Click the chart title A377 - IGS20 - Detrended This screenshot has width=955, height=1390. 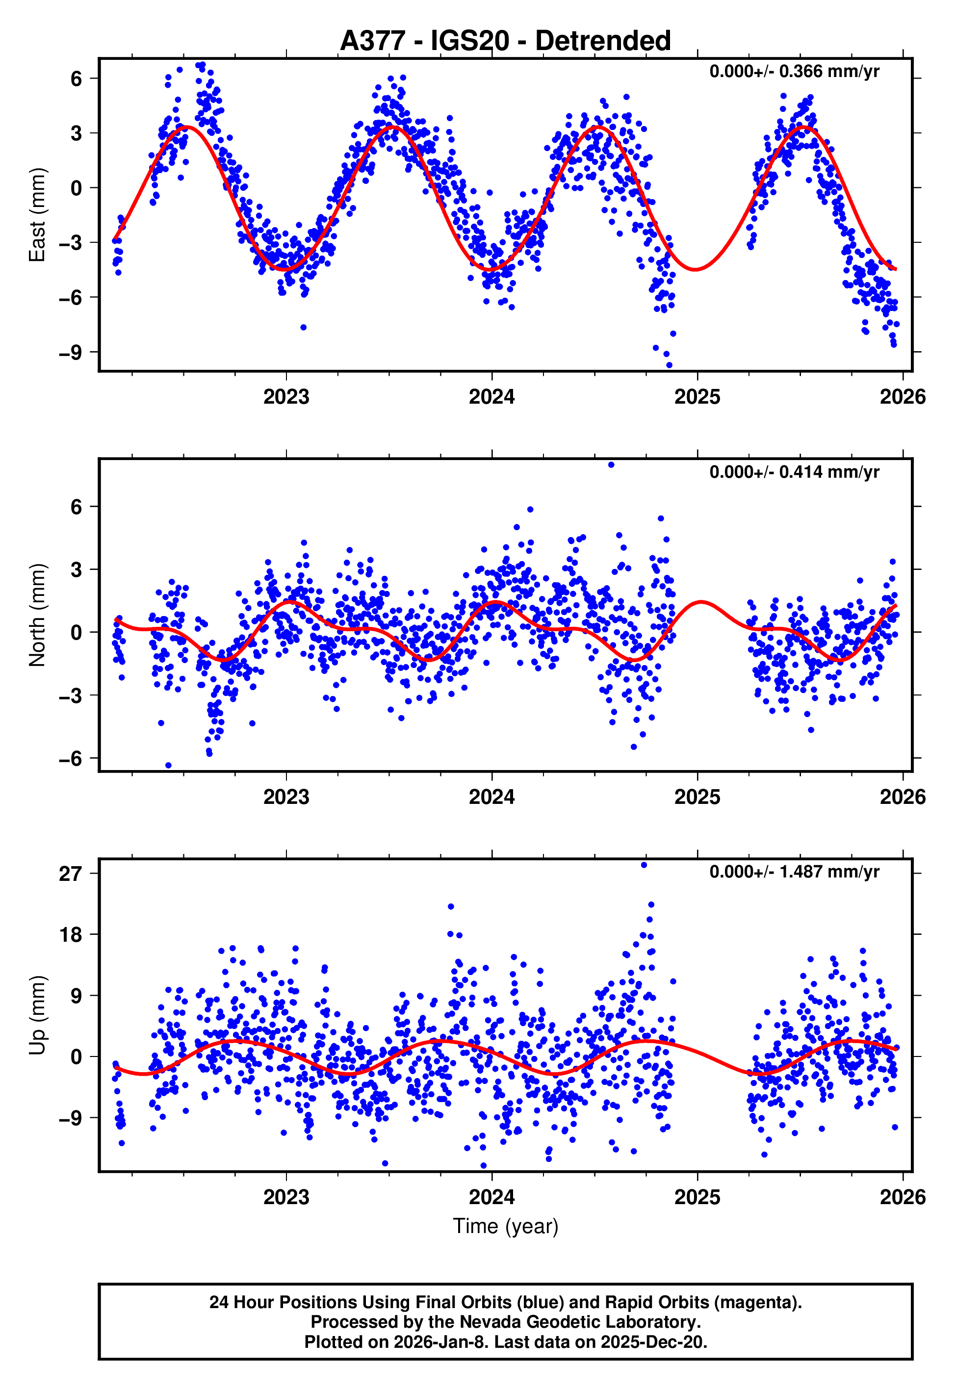(505, 41)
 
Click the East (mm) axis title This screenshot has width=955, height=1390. (37, 215)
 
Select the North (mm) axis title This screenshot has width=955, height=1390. (37, 615)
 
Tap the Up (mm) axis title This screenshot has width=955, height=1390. (37, 1015)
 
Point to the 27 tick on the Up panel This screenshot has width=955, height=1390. (70, 874)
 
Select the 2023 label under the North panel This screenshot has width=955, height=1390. (286, 797)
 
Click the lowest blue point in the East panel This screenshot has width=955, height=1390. (669, 364)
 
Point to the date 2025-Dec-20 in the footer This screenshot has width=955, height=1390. (653, 1341)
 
